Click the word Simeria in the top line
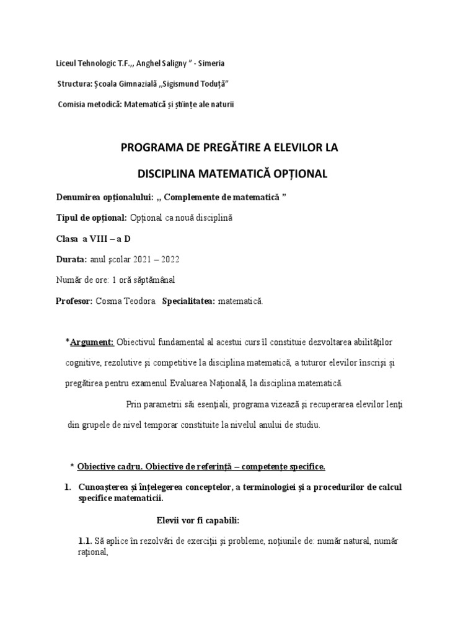pyautogui.click(x=211, y=63)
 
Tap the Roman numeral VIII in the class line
pyautogui.click(x=104, y=239)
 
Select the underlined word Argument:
pyautogui.click(x=92, y=342)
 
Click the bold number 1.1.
pyautogui.click(x=85, y=541)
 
